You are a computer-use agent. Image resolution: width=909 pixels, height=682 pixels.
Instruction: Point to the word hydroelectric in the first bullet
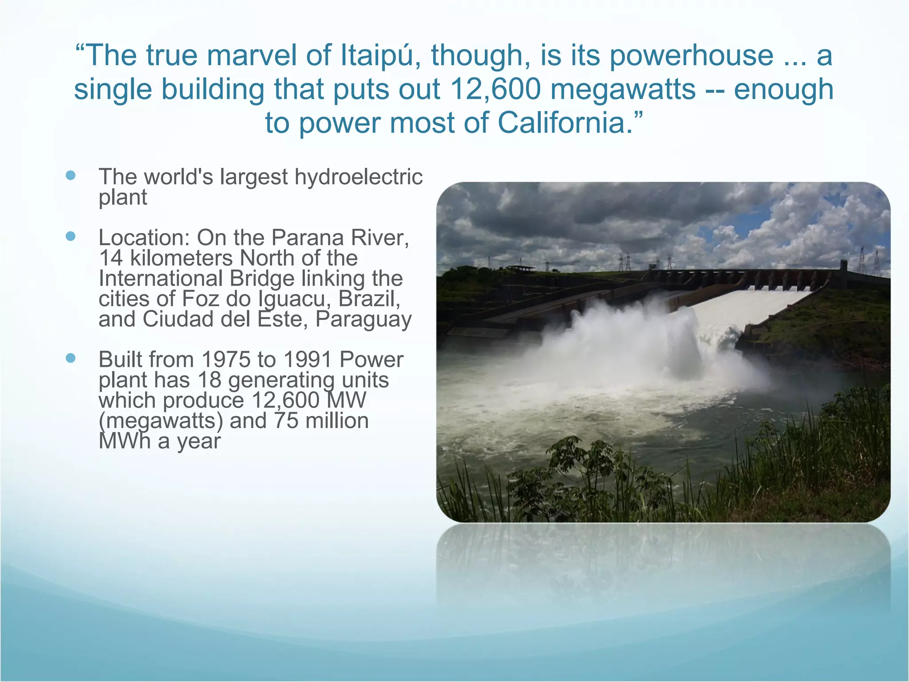tap(358, 177)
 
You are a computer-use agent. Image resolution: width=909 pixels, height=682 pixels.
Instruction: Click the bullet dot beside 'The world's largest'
tap(71, 175)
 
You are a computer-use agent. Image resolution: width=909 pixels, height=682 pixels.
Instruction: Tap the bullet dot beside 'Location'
tap(71, 236)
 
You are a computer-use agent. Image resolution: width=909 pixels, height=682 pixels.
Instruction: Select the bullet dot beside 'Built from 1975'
tap(71, 358)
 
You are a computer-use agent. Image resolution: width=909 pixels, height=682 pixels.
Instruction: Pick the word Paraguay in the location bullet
tap(364, 319)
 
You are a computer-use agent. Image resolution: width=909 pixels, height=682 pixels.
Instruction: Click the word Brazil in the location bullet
tap(369, 299)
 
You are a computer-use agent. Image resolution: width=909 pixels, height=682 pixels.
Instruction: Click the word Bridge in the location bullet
tap(262, 279)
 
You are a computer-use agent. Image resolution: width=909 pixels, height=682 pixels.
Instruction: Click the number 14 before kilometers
tap(110, 258)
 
